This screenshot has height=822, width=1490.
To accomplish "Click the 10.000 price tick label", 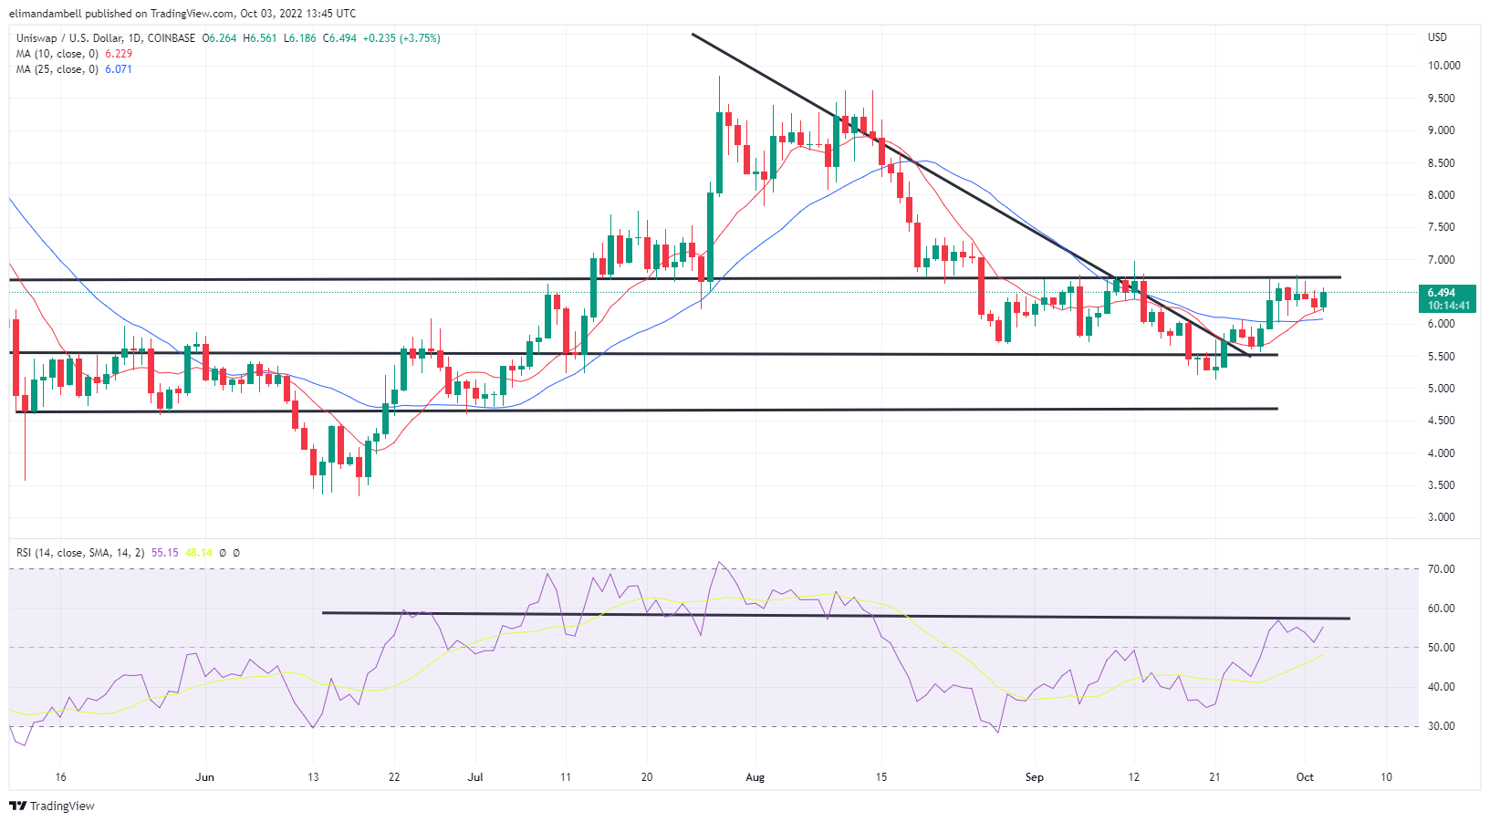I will coord(1443,66).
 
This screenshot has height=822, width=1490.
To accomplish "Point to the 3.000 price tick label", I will coord(1442,517).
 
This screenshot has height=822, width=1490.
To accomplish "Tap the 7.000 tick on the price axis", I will coord(1442,260).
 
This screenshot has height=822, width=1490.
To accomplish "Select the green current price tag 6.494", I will coord(1447,298).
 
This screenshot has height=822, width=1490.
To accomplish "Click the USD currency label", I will coord(1437,37).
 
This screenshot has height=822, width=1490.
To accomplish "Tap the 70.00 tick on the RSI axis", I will coord(1442,569).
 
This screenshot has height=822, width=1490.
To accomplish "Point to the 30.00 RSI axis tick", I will coord(1442,726).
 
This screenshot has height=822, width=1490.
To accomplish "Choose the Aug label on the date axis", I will coord(755,777).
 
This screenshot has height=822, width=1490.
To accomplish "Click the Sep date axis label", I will coord(1034,777).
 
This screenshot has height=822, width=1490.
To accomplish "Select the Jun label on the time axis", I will coord(204,777).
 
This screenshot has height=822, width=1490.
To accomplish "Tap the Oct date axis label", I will coord(1305,777).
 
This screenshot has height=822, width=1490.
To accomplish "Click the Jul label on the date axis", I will coord(474,777).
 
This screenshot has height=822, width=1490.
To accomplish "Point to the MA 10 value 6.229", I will coord(119,54).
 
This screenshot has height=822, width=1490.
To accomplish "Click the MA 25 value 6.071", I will coord(119,69).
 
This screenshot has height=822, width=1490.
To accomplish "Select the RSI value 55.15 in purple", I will coord(164,553).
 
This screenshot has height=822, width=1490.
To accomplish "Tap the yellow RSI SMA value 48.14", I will coord(198,553).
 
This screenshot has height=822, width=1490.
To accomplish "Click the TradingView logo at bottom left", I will coord(52,806).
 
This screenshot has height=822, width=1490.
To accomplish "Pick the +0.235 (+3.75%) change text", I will coord(401,38).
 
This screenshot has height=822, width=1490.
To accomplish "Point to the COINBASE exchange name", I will coord(172,38).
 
